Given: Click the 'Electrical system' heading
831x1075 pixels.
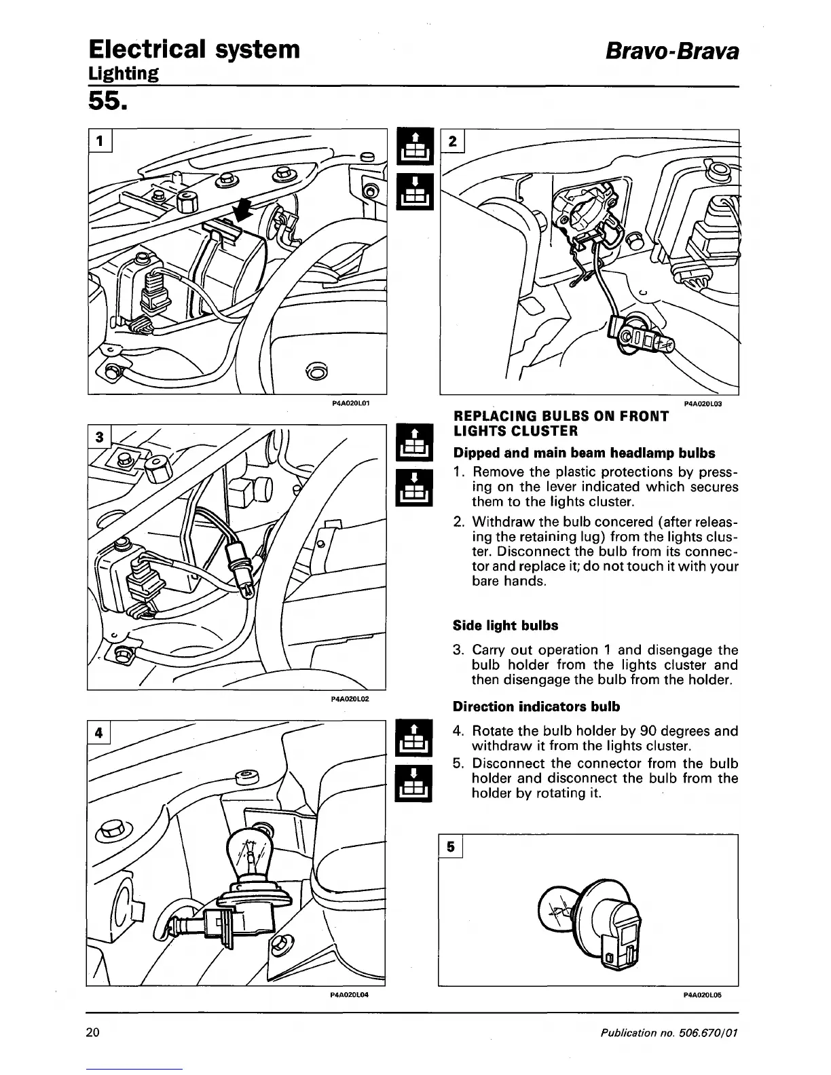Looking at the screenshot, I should tap(193, 49).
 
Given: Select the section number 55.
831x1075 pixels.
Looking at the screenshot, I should tap(105, 102).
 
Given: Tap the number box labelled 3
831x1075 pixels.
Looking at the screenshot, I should tap(99, 438).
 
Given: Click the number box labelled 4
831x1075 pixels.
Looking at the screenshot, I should tap(99, 733).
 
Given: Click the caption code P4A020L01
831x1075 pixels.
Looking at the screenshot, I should tap(350, 403).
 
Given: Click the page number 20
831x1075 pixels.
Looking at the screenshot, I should tap(94, 1032).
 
